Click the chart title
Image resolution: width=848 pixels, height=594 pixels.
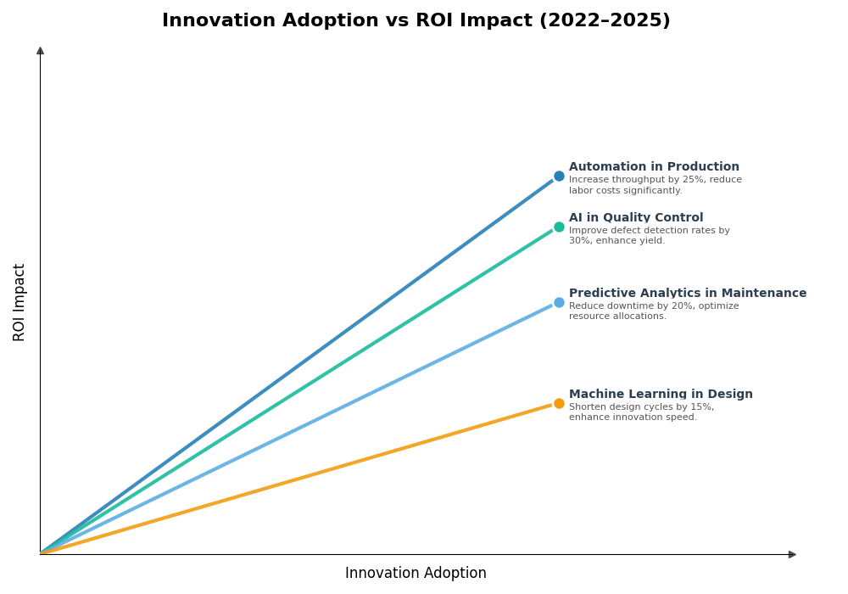(416, 20)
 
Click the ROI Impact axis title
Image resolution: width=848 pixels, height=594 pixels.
(20, 302)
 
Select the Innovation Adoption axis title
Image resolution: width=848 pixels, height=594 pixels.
(416, 574)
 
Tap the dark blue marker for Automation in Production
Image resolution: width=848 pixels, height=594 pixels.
(559, 177)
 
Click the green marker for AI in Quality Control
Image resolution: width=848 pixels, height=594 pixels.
(559, 227)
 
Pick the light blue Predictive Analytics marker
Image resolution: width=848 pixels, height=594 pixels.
(559, 303)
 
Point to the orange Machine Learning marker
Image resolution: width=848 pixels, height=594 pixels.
(559, 404)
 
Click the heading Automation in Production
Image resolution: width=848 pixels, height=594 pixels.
(654, 167)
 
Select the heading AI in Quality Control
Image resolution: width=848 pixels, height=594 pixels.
(636, 218)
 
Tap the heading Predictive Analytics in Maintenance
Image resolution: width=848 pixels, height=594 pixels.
(688, 294)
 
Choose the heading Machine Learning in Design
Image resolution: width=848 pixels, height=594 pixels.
(661, 395)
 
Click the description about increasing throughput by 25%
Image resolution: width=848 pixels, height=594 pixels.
(655, 185)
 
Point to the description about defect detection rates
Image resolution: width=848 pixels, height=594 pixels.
(649, 236)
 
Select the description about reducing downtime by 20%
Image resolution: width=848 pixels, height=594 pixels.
(654, 311)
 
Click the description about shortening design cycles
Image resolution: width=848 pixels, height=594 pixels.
(641, 412)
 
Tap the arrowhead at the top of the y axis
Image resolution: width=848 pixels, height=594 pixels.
(40, 51)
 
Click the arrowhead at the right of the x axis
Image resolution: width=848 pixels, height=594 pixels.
(792, 554)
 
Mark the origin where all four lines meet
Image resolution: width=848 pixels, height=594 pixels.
(41, 553)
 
